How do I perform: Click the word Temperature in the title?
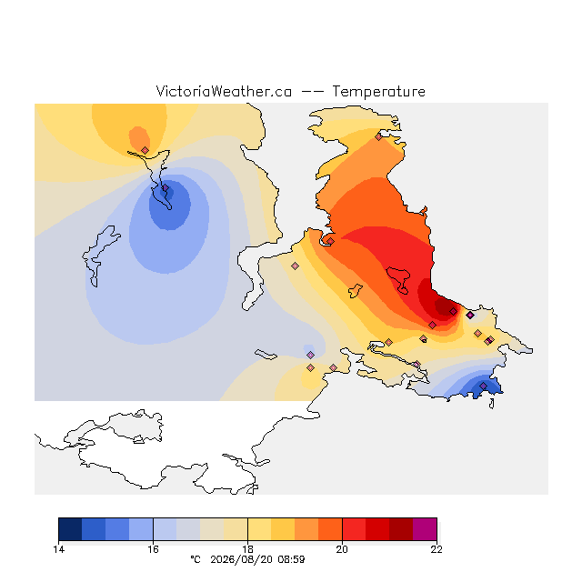378,92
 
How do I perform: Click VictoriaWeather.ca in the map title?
224,92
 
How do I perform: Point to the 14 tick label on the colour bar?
58,549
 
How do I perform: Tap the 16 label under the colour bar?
153,549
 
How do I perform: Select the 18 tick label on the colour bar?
247,549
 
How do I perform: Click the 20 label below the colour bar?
342,549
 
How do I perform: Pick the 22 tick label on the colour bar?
436,549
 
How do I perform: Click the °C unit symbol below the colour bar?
196,559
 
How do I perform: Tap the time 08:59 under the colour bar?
291,559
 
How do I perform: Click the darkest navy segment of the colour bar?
70,529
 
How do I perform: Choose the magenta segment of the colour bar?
425,529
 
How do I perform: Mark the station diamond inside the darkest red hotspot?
453,311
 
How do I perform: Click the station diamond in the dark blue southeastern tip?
483,386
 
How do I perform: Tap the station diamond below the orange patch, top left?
145,150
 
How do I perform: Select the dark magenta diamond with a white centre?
470,316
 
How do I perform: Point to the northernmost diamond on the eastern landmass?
378,137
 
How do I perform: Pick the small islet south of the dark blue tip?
491,404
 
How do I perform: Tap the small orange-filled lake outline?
356,290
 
